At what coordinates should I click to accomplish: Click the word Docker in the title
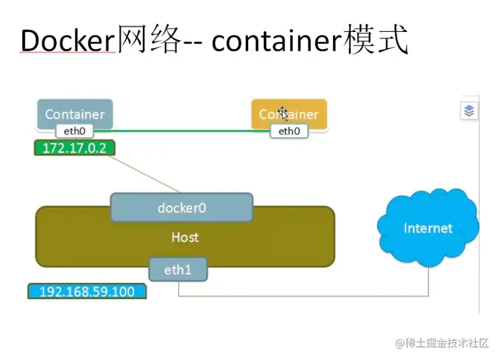[x=67, y=42]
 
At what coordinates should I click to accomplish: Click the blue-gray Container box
[x=75, y=113]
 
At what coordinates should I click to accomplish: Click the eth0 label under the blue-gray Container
[x=75, y=131]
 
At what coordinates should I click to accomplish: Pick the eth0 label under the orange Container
[x=289, y=131]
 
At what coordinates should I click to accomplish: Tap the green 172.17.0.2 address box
[x=74, y=148]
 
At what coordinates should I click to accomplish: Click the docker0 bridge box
[x=181, y=208]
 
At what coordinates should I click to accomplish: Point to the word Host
[x=185, y=237]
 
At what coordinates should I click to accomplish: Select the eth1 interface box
[x=178, y=270]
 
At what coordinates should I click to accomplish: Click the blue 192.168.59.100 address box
[x=87, y=292]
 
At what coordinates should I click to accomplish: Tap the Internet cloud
[x=428, y=228]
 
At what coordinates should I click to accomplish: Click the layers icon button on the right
[x=470, y=111]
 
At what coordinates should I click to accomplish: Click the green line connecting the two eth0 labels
[x=181, y=131]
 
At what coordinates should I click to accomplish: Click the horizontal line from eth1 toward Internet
[x=301, y=296]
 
